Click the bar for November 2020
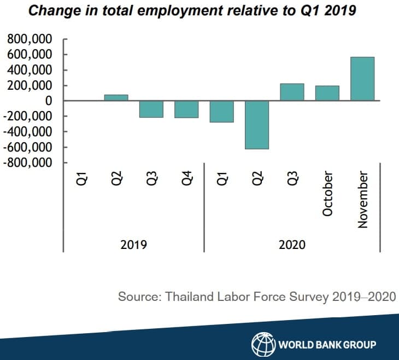tap(362, 79)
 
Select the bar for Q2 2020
tap(257, 125)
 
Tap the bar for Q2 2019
tap(116, 97)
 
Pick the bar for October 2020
tap(327, 93)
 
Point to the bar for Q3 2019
tap(151, 109)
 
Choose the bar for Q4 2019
tap(186, 109)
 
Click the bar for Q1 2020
tap(222, 111)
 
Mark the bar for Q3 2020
tap(292, 92)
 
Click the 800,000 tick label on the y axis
tap(30, 39)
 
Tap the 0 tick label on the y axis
tap(48, 101)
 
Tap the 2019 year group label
tap(134, 244)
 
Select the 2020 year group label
tap(292, 244)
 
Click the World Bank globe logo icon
tap(262, 344)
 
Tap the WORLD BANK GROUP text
tap(327, 345)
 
